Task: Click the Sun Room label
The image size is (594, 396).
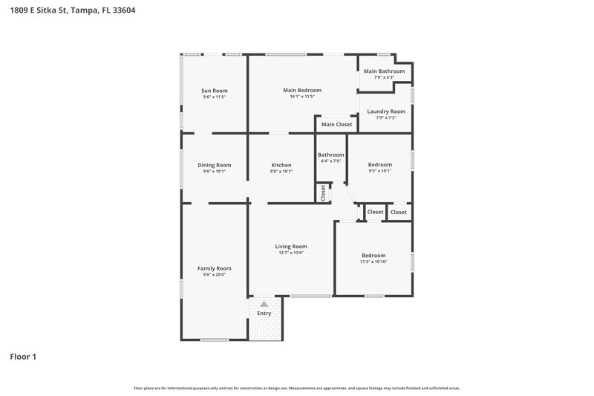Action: (x=214, y=91)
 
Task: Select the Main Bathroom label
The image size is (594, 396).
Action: (x=384, y=71)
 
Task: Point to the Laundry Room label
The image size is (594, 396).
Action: (x=386, y=111)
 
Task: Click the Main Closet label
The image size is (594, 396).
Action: (x=336, y=124)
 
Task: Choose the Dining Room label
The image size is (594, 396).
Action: (x=214, y=165)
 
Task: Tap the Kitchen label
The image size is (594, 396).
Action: (x=281, y=165)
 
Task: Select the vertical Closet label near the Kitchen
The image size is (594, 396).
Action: (x=323, y=192)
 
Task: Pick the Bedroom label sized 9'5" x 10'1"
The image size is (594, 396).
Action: (x=379, y=165)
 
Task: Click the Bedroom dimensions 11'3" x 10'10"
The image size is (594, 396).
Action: (x=373, y=262)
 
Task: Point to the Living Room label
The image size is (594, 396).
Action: (x=291, y=247)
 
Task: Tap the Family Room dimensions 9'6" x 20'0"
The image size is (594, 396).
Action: (x=214, y=275)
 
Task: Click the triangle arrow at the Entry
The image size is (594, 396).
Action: (x=264, y=304)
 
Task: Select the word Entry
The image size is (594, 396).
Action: (x=264, y=314)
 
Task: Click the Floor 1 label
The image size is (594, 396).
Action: (x=23, y=357)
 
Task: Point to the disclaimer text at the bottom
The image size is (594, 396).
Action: (x=297, y=388)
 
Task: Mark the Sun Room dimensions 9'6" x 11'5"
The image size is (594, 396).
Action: (x=214, y=97)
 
